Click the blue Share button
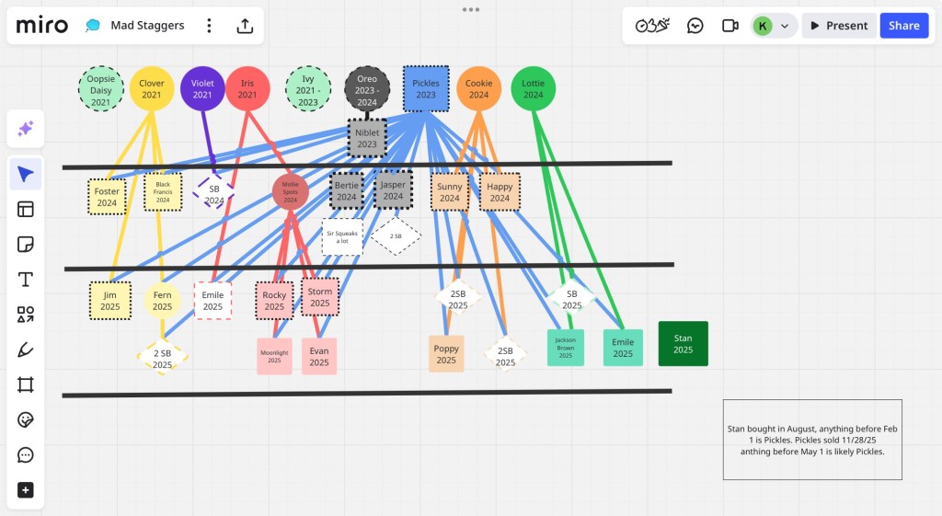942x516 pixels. tap(903, 26)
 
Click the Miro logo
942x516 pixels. tap(42, 26)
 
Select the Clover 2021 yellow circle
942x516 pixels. tap(152, 89)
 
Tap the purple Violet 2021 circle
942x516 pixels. tap(202, 89)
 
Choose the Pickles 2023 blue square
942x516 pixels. tap(426, 89)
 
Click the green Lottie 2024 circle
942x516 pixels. tap(533, 89)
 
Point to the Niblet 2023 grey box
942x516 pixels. tap(367, 139)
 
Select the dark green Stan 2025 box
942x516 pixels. tap(683, 344)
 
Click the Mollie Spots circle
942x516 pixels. tap(291, 191)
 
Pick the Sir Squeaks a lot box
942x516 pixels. tap(342, 237)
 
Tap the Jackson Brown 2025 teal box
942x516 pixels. tap(565, 348)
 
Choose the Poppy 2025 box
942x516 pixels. tap(446, 354)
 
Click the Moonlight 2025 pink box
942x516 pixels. tap(274, 356)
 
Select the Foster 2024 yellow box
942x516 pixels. tap(107, 197)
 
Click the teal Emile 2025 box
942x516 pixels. tap(623, 348)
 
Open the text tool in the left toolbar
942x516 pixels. tap(26, 280)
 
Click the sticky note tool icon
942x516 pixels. tap(26, 245)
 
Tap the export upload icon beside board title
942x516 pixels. tap(245, 26)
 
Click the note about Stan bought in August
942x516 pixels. tap(812, 440)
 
